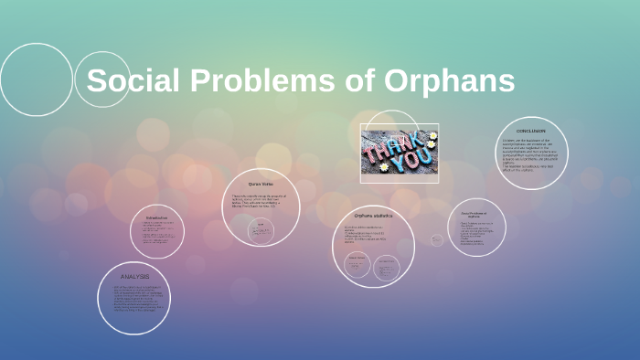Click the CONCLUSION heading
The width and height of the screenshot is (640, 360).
[x=530, y=131]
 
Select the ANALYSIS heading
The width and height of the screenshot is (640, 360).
[x=134, y=275]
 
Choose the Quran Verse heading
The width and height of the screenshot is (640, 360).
[x=261, y=184]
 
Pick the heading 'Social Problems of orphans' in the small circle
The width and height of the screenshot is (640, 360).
[x=476, y=214]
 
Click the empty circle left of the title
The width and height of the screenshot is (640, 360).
[x=36, y=79]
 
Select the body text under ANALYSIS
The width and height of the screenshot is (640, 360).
[x=134, y=299]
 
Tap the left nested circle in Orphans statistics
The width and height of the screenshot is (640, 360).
[x=356, y=265]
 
